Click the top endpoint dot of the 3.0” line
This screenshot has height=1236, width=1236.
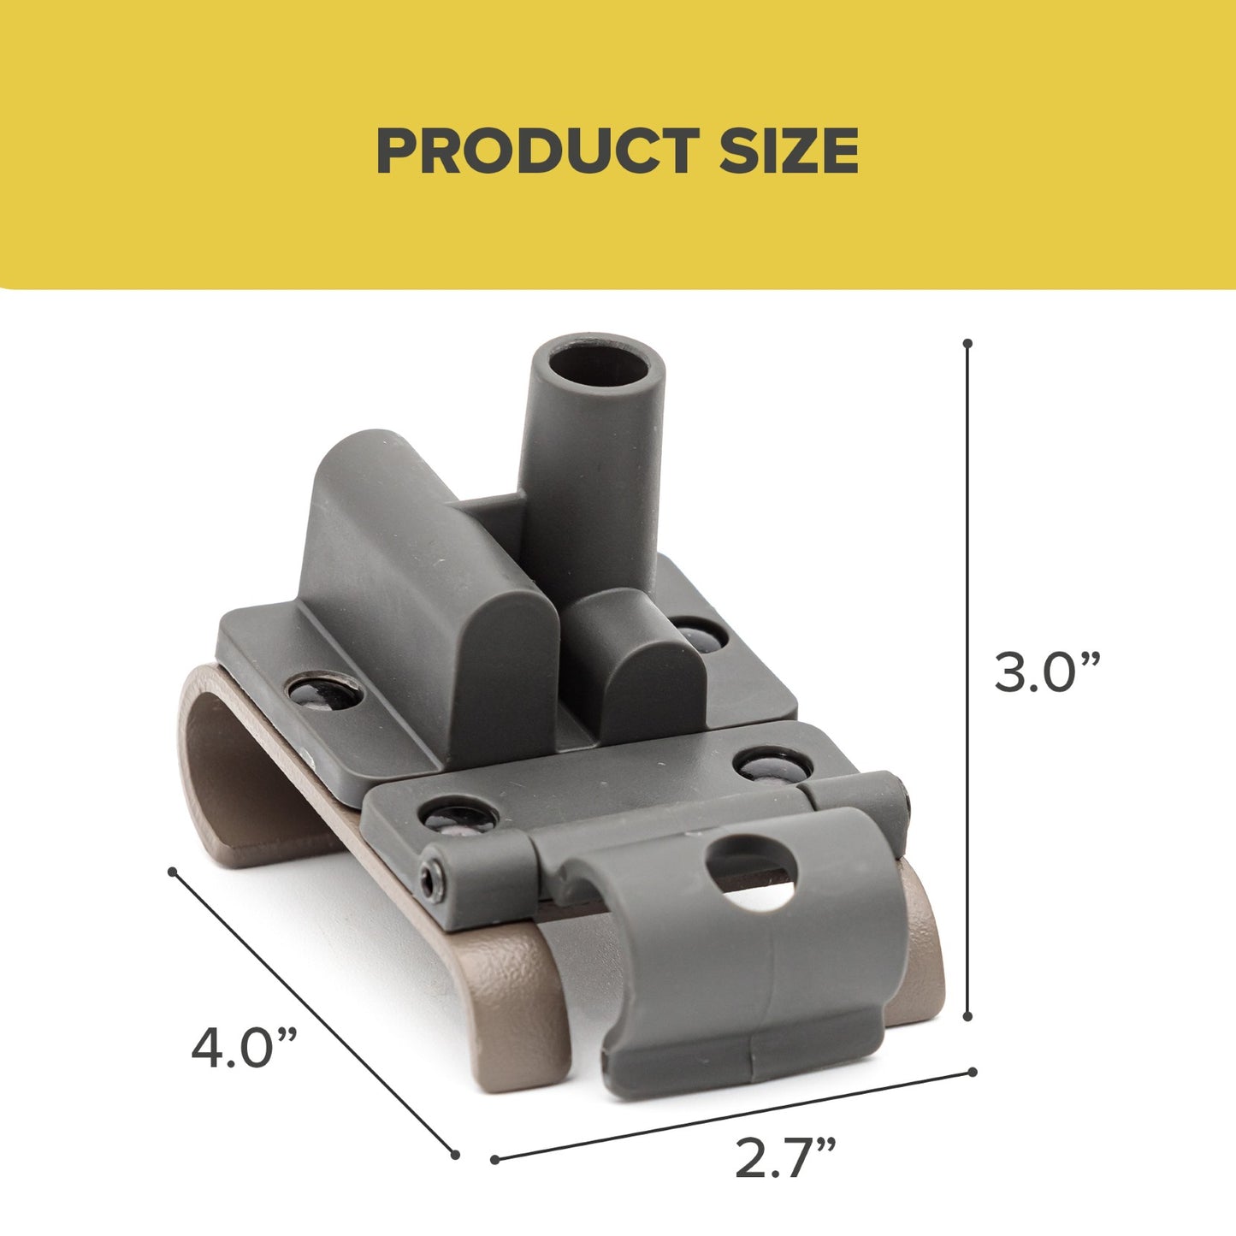[967, 343]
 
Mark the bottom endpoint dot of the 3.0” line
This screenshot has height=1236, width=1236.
[967, 1016]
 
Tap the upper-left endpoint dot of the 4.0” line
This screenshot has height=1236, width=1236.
[173, 872]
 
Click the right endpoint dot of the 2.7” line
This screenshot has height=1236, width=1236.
[972, 1071]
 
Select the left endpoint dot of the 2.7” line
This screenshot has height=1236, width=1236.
[495, 1160]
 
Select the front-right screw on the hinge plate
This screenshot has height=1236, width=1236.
[764, 764]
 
